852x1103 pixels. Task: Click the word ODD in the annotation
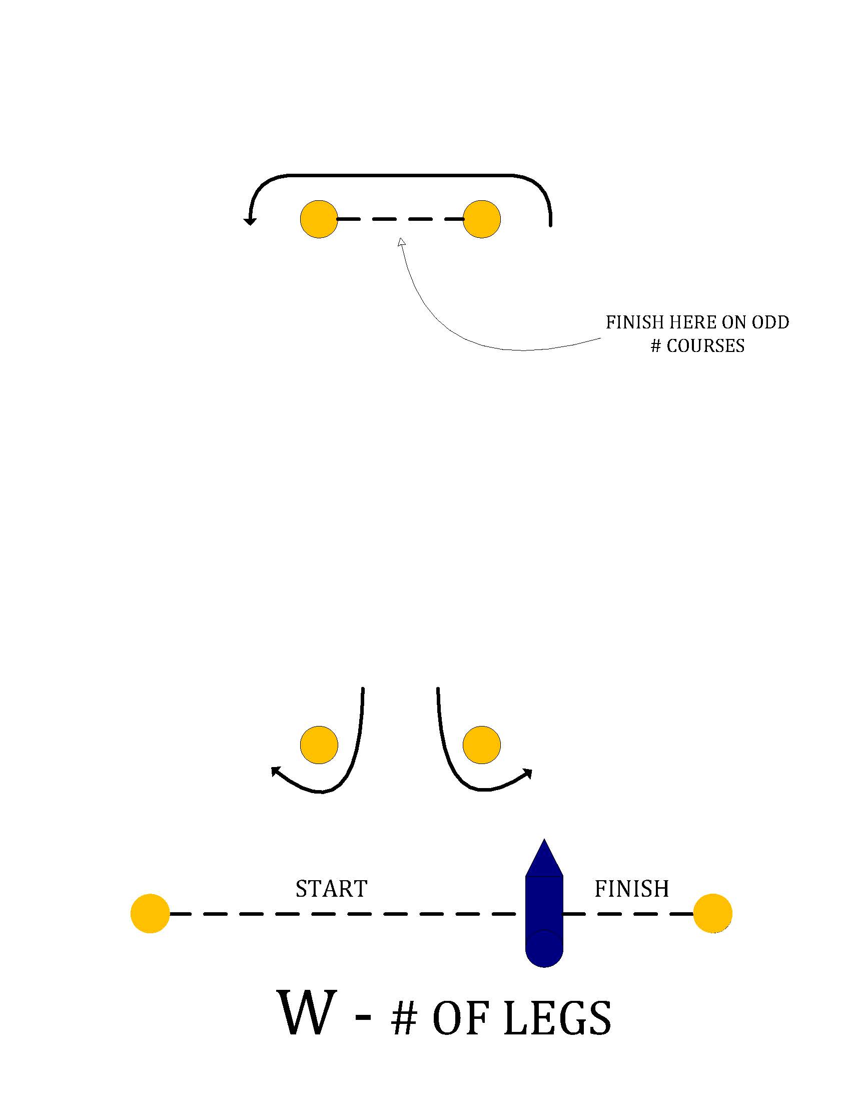coord(770,322)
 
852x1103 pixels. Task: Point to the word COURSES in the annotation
coord(705,346)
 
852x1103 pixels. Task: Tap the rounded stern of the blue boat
coord(544,952)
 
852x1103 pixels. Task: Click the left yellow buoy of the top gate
coord(319,219)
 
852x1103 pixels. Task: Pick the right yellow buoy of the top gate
coord(481,219)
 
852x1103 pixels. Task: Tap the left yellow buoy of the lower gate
coord(319,745)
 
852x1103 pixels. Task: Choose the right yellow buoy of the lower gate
coord(481,745)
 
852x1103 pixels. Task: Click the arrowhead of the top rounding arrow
coord(250,221)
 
